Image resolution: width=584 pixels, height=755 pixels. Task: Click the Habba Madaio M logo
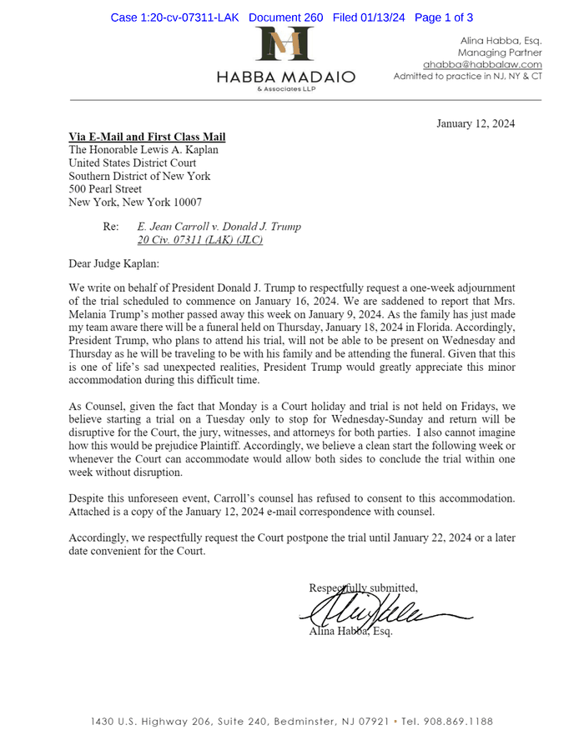pos(285,47)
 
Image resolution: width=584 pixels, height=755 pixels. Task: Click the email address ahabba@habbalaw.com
pos(482,64)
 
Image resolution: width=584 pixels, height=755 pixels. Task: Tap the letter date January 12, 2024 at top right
pos(476,124)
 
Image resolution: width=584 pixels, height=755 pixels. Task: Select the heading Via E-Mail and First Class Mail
pos(147,137)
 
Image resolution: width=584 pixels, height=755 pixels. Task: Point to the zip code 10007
pos(184,202)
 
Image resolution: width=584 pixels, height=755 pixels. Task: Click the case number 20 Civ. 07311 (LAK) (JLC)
pos(200,240)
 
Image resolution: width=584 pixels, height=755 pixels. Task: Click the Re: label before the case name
pos(111,227)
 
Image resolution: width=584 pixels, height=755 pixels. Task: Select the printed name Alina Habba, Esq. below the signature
pos(350,631)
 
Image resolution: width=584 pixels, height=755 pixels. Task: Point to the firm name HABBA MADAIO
pos(286,77)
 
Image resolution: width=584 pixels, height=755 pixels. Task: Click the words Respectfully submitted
pos(363,587)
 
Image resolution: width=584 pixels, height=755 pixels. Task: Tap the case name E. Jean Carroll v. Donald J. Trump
pos(219,227)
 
